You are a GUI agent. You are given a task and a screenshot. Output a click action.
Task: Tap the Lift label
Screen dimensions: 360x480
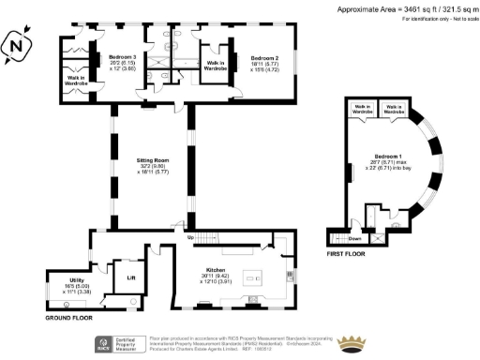[x=129, y=277]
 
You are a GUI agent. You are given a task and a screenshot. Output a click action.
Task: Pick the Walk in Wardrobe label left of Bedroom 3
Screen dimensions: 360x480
[x=77, y=81]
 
